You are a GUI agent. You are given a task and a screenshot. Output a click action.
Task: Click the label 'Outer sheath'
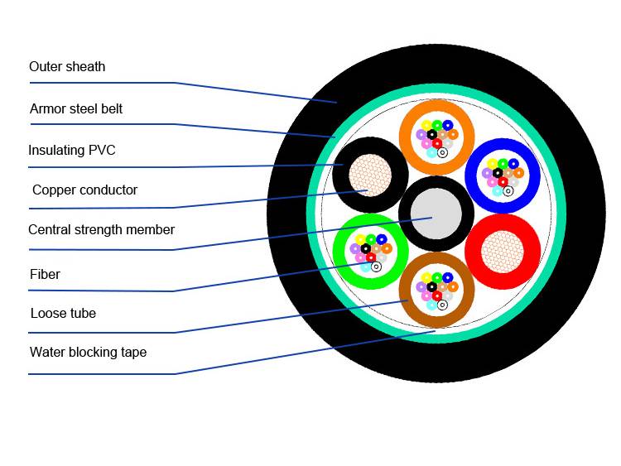point(67,67)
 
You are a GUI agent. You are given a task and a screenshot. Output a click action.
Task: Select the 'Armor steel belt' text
point(76,109)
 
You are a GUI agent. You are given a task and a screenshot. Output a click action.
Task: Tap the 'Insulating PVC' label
point(72,151)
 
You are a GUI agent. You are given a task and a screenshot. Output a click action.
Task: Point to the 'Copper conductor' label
point(84,190)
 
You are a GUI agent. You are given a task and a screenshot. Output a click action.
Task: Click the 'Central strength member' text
point(101,230)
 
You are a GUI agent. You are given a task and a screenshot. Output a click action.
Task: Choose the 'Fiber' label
point(45,274)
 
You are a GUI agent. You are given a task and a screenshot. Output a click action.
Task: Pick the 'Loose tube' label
point(63,314)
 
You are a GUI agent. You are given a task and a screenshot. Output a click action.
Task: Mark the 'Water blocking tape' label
point(88,353)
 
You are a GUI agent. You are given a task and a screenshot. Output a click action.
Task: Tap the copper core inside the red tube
point(503,252)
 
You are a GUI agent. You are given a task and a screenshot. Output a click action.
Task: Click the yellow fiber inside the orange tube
point(426,126)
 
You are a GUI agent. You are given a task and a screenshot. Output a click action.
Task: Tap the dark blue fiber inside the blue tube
point(513,164)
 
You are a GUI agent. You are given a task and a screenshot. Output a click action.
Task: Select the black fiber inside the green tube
point(365,248)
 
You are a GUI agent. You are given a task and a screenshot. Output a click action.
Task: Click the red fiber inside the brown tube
point(437,296)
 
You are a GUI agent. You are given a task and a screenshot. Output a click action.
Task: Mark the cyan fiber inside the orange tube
point(431,152)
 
